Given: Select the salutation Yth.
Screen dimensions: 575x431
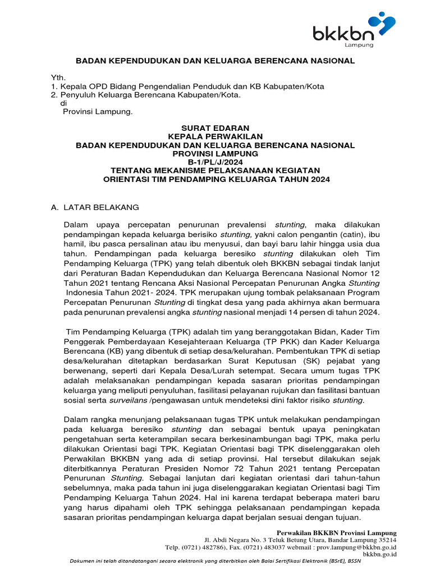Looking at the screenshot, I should (58, 77).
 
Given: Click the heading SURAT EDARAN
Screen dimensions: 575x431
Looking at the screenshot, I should (215, 128).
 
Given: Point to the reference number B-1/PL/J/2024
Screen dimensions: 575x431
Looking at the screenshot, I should (215, 162).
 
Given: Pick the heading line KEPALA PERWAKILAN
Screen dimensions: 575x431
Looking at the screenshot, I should (215, 136).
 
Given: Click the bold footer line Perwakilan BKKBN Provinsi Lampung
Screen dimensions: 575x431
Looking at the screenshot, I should (337, 532).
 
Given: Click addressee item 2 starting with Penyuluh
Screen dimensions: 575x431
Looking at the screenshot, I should (145, 95).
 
